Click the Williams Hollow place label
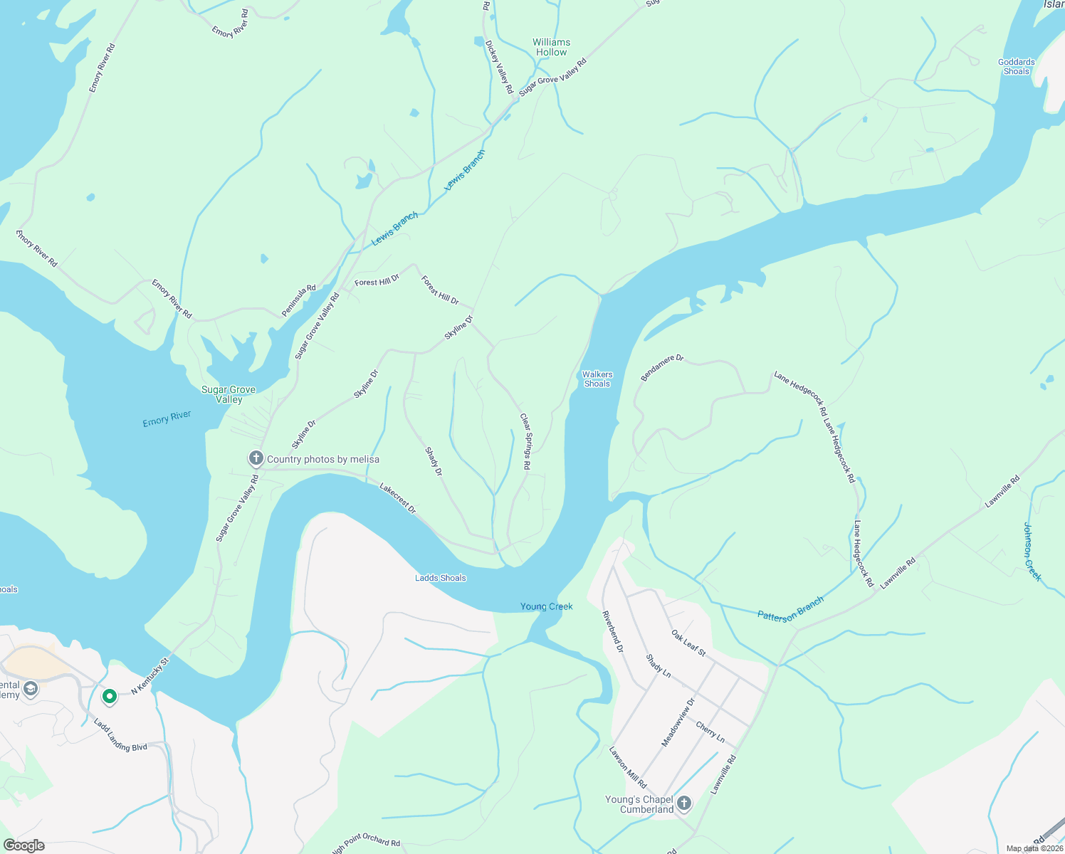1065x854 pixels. pyautogui.click(x=551, y=48)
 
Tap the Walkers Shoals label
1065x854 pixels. pyautogui.click(x=597, y=379)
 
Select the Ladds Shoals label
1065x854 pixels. pyautogui.click(x=441, y=578)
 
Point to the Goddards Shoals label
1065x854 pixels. pyautogui.click(x=1016, y=67)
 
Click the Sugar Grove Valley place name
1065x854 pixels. pyautogui.click(x=229, y=394)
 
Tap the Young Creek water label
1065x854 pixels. pyautogui.click(x=546, y=606)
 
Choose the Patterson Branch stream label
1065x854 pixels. pyautogui.click(x=790, y=609)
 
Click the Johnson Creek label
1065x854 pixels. pyautogui.click(x=1032, y=552)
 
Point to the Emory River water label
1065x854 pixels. pyautogui.click(x=167, y=418)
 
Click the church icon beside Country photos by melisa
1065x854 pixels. pyautogui.click(x=256, y=458)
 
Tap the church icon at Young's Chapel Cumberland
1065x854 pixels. pyautogui.click(x=683, y=803)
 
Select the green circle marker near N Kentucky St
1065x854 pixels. pyautogui.click(x=109, y=696)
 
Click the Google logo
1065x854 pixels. pyautogui.click(x=23, y=845)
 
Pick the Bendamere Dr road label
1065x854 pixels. pyautogui.click(x=662, y=368)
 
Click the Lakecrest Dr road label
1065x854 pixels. pyautogui.click(x=398, y=498)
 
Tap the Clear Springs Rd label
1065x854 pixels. pyautogui.click(x=525, y=441)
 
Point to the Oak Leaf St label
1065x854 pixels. pyautogui.click(x=688, y=643)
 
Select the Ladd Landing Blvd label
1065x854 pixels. pyautogui.click(x=120, y=735)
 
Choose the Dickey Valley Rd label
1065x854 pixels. pyautogui.click(x=499, y=67)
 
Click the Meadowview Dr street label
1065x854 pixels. pyautogui.click(x=678, y=722)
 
